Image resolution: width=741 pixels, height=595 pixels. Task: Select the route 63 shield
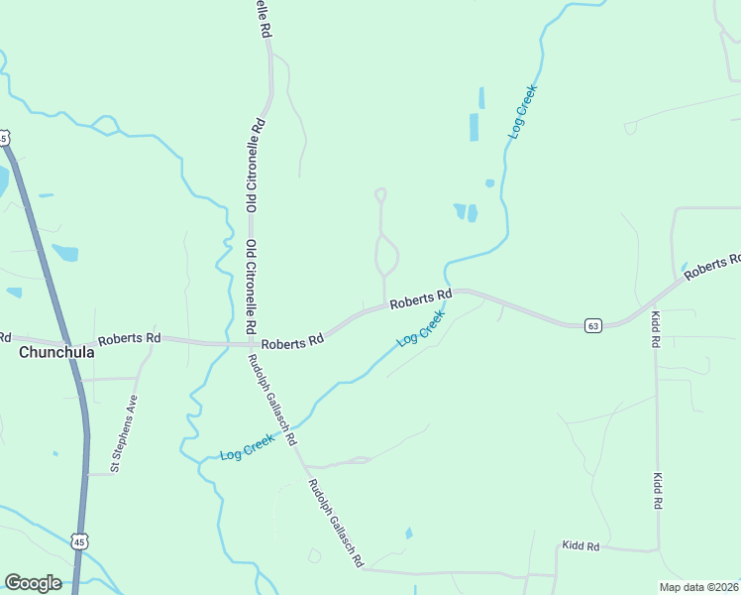point(592,325)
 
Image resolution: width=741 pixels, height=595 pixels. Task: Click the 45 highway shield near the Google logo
point(80,540)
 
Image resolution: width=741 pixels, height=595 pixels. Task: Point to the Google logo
point(33,583)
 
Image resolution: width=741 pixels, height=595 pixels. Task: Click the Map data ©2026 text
point(697,587)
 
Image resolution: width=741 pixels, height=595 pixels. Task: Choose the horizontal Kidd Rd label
point(581,546)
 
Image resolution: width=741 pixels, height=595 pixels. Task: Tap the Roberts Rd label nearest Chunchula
point(129,337)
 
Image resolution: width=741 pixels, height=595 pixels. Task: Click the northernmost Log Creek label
point(522,110)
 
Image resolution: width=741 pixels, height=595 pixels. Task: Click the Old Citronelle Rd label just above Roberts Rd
point(252,285)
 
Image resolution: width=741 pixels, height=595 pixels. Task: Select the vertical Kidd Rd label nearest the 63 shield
point(656,328)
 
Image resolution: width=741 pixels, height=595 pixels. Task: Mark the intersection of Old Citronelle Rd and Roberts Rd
point(250,344)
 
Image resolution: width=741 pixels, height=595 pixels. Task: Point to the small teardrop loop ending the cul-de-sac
point(379,194)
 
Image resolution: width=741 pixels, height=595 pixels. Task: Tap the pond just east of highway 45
point(65,252)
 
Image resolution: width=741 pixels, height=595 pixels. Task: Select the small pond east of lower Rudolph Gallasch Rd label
point(408,534)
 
